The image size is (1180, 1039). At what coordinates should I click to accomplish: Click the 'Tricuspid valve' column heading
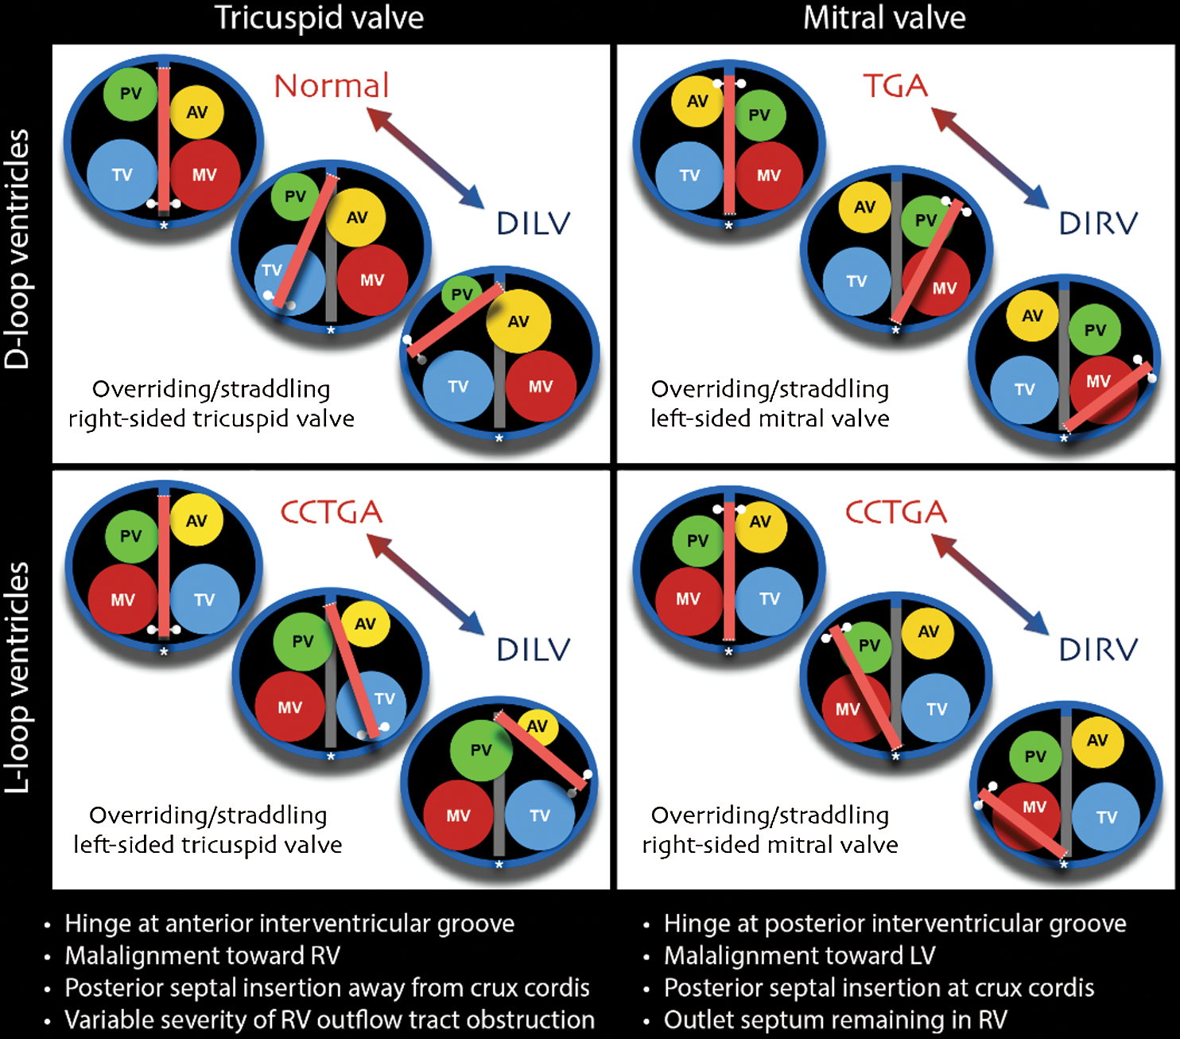point(319,18)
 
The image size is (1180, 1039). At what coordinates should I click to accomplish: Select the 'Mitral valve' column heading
point(884,18)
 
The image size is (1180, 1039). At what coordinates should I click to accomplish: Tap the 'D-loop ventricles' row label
point(17,249)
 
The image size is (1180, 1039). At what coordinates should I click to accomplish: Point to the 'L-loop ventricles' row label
point(17,677)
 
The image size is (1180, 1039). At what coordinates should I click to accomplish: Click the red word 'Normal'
point(332,86)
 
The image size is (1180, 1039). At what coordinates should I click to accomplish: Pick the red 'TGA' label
point(895,86)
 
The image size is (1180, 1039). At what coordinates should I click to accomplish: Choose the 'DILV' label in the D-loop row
point(534,224)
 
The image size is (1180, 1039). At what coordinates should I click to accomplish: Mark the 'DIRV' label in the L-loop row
point(1098,650)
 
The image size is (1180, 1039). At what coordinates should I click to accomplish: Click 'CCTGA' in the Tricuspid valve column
point(332,512)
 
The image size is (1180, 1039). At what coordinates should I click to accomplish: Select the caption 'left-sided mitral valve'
point(770,418)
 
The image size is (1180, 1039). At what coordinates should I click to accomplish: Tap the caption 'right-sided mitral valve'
point(770,845)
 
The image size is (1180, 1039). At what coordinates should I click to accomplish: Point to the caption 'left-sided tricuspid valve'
point(208,845)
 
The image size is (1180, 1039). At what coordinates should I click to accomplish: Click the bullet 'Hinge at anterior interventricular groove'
point(289,924)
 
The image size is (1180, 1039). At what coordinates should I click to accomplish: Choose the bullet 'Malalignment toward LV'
point(799,955)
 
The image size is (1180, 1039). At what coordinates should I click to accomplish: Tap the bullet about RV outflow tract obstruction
point(329,1020)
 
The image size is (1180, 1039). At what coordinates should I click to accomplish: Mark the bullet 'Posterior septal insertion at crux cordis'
point(879,988)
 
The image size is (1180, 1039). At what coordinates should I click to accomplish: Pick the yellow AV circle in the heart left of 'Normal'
point(196,112)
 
